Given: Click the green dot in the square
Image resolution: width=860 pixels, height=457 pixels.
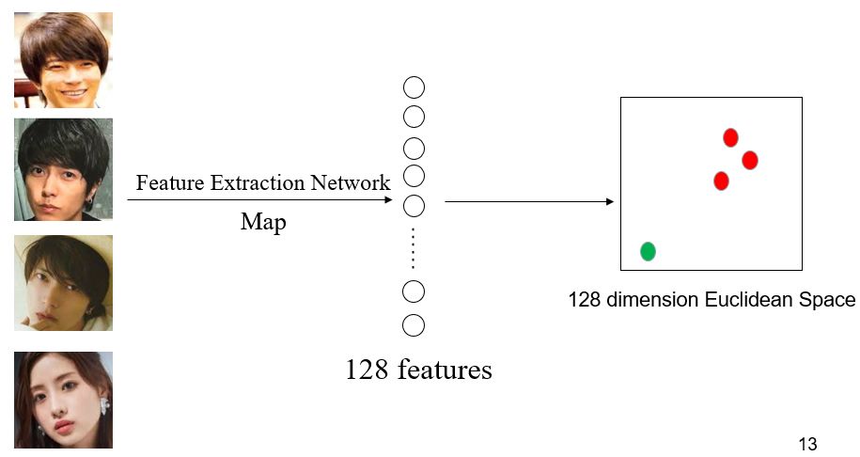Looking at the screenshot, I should click(x=648, y=251).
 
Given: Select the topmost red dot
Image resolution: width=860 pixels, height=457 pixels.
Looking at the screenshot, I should click(x=730, y=138).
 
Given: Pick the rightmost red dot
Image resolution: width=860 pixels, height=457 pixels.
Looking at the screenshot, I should click(x=749, y=160).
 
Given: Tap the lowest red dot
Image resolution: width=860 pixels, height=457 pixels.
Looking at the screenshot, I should click(x=721, y=181).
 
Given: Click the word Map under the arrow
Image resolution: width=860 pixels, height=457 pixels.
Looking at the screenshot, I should click(x=263, y=223).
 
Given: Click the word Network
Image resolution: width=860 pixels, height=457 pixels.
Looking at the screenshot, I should click(x=354, y=183).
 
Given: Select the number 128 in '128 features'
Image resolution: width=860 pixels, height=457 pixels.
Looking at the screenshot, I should click(x=367, y=370).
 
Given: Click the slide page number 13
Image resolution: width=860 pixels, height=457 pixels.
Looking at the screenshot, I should click(x=806, y=444).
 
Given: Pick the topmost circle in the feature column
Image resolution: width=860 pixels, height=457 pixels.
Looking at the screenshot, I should click(x=414, y=87).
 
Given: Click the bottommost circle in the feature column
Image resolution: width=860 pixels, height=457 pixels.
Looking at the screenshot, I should click(x=414, y=325).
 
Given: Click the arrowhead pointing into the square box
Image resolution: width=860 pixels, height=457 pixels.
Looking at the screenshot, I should click(x=610, y=201).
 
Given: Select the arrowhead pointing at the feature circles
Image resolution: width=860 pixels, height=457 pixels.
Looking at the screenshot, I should click(x=387, y=199).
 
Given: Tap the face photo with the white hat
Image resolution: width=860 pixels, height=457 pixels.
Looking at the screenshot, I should click(x=63, y=282).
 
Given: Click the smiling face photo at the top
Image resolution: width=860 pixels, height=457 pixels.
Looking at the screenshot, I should click(x=63, y=59).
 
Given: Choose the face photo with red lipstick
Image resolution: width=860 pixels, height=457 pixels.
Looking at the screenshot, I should click(x=63, y=400).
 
